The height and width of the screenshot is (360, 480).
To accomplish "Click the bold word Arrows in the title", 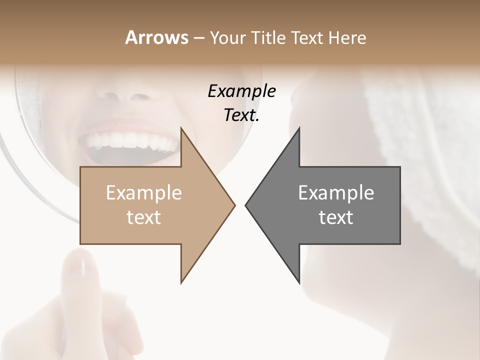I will pos(156,37).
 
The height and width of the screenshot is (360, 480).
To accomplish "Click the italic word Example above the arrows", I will pos(241,91).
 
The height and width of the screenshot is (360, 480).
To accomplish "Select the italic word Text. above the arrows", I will pos(241,115).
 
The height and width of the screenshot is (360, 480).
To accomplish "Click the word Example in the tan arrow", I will pos(144,193).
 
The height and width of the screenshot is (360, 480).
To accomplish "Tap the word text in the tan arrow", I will pos(144,217).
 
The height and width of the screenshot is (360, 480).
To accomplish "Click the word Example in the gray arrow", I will pos(336,193).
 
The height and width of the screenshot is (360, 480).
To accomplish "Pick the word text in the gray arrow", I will pos(336,217).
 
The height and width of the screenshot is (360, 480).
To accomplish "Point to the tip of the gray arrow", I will pos(247,205).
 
